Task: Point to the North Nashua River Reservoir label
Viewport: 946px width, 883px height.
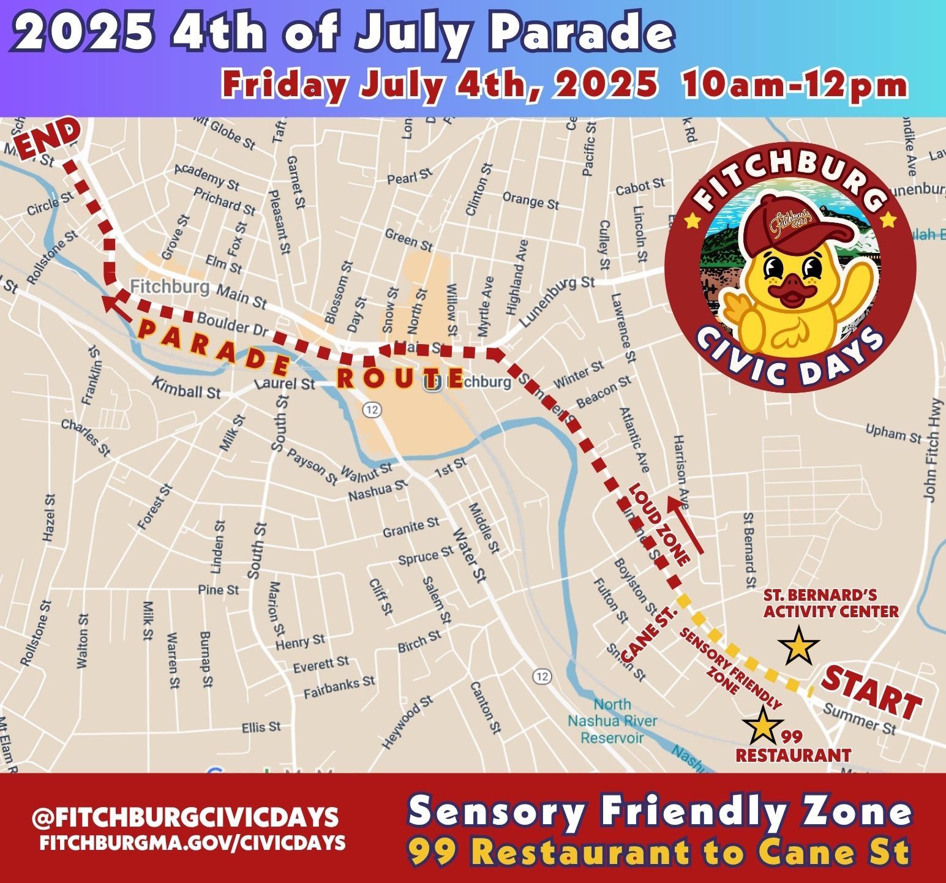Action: [x=612, y=721]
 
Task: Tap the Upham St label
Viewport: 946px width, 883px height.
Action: [x=893, y=433]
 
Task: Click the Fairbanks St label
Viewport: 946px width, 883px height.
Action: [x=339, y=687]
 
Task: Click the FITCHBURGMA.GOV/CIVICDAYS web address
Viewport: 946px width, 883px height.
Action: [x=192, y=843]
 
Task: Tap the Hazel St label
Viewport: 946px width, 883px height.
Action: [x=50, y=518]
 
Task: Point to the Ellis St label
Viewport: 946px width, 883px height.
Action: [x=261, y=727]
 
